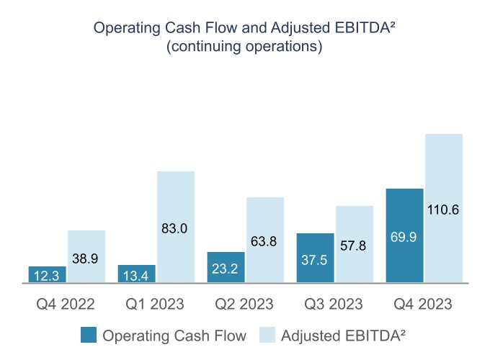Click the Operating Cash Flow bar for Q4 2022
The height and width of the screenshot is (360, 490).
48,274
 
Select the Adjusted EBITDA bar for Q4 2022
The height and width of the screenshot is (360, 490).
86,257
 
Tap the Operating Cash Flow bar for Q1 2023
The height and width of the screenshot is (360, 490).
137,274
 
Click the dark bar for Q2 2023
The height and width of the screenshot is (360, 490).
226,268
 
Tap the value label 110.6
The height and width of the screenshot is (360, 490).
444,210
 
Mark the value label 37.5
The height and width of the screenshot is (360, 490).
316,261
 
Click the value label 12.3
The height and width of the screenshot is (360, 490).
48,276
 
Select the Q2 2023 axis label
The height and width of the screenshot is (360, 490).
245,304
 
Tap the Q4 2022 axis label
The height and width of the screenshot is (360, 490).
66,304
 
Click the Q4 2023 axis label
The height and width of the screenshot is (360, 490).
424,304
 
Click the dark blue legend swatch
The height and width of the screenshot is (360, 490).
87,336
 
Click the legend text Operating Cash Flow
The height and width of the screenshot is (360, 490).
174,336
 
